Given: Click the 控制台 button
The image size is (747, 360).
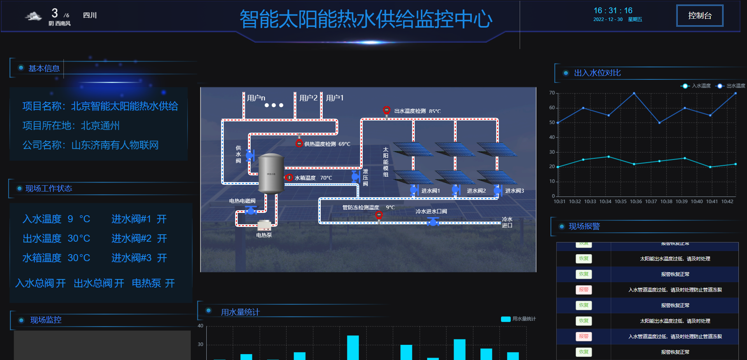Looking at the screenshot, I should tap(700, 16).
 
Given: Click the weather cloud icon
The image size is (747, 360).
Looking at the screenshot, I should tap(33, 16).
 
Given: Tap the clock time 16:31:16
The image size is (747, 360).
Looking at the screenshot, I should tap(613, 11).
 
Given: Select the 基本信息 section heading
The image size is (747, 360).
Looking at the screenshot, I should tap(44, 68).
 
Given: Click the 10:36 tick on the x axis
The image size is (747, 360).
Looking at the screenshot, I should tap(636, 202).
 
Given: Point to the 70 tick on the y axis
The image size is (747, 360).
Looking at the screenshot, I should tap(552, 93).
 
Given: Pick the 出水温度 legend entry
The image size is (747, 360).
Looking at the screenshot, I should tap(731, 86).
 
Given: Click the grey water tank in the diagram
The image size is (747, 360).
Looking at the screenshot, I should tap(271, 174).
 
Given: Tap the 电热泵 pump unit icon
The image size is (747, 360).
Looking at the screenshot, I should tap(264, 225).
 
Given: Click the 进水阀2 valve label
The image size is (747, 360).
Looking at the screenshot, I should tap(476, 191).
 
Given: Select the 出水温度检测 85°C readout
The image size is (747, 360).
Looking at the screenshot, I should tap(417, 111).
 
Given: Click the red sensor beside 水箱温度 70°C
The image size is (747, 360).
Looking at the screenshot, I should tap(289, 178).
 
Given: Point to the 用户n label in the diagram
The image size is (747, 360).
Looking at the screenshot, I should tap(256, 98).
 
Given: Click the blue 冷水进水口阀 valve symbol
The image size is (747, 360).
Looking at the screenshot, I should tap(433, 222).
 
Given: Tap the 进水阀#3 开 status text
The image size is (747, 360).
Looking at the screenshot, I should tap(139, 258).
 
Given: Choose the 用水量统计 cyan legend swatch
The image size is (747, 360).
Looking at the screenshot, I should tap(506, 319).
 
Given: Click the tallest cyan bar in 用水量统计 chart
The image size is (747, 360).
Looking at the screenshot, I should tap(353, 347).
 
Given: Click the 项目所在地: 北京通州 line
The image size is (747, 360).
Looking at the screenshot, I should tap(71, 126).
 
